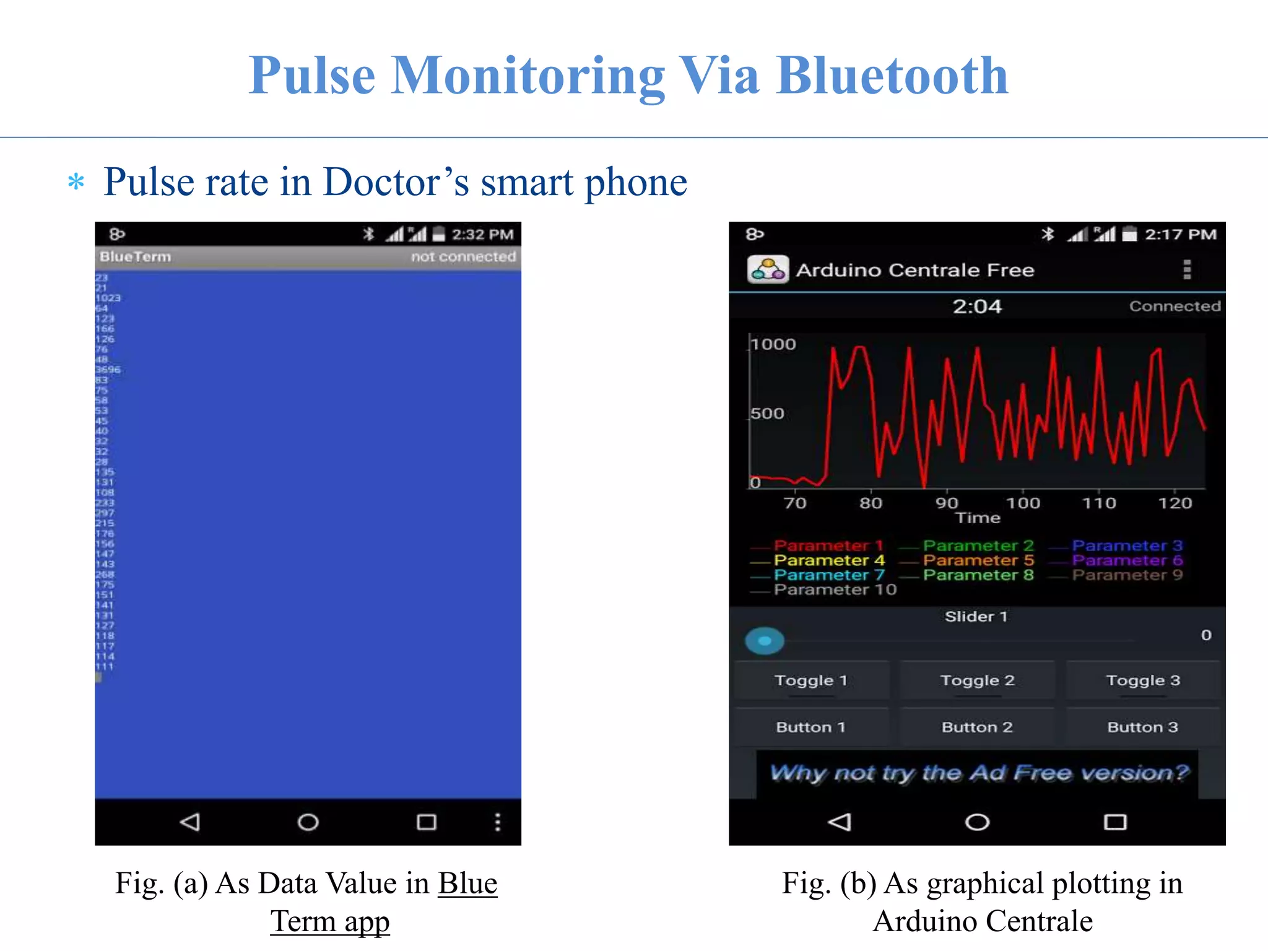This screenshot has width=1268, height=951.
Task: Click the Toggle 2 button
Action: point(977,680)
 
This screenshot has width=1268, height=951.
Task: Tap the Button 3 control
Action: point(1142,727)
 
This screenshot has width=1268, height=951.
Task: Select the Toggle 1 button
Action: point(810,680)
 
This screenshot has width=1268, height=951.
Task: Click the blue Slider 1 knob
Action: point(765,641)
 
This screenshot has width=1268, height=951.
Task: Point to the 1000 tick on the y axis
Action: point(773,344)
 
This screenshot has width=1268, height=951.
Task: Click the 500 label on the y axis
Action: point(768,413)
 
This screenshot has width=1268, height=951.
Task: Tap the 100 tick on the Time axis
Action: point(1023,503)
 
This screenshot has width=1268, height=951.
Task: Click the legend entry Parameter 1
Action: point(828,545)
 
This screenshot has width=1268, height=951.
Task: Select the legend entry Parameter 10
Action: point(835,589)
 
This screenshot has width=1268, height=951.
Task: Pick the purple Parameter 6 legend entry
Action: point(1127,560)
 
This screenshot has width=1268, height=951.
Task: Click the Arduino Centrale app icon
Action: point(768,270)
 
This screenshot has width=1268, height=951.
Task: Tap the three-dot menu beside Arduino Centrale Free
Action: point(1187,270)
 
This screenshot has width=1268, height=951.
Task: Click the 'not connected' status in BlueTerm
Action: point(463,257)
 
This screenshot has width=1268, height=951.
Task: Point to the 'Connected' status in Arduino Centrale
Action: point(1175,306)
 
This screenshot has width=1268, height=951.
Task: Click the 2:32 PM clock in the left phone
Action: point(482,235)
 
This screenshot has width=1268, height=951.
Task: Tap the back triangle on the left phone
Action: point(189,822)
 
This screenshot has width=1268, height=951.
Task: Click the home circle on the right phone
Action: point(977,822)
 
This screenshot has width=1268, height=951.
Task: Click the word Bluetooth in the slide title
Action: point(892,76)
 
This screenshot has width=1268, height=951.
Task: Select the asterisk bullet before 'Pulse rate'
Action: point(76,182)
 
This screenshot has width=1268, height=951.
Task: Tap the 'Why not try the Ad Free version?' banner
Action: point(978,773)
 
